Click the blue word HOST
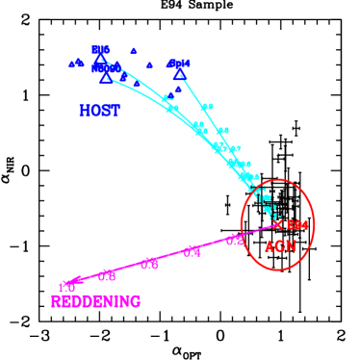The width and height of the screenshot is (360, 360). point(99,111)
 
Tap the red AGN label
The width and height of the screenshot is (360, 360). point(280,245)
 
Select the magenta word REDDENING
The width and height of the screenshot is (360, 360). point(95,301)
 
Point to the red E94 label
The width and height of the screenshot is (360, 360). point(296,225)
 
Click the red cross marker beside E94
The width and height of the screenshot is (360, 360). point(278,224)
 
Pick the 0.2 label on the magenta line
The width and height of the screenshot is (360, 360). point(235,241)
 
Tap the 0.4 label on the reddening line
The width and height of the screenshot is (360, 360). point(193,252)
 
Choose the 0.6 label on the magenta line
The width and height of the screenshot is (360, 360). point(149,264)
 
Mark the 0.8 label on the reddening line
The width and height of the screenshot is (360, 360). point(107,275)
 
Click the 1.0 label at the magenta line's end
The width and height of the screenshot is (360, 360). point(66,287)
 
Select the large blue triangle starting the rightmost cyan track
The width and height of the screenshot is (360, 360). point(178,73)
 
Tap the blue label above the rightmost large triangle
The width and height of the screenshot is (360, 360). point(180,64)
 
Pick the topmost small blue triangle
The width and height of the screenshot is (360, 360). point(134,51)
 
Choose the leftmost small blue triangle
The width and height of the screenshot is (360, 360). point(72,64)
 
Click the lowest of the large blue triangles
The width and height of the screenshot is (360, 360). point(105,79)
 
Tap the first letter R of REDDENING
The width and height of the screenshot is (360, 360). point(56,301)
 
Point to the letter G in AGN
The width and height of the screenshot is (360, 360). point(280,245)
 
